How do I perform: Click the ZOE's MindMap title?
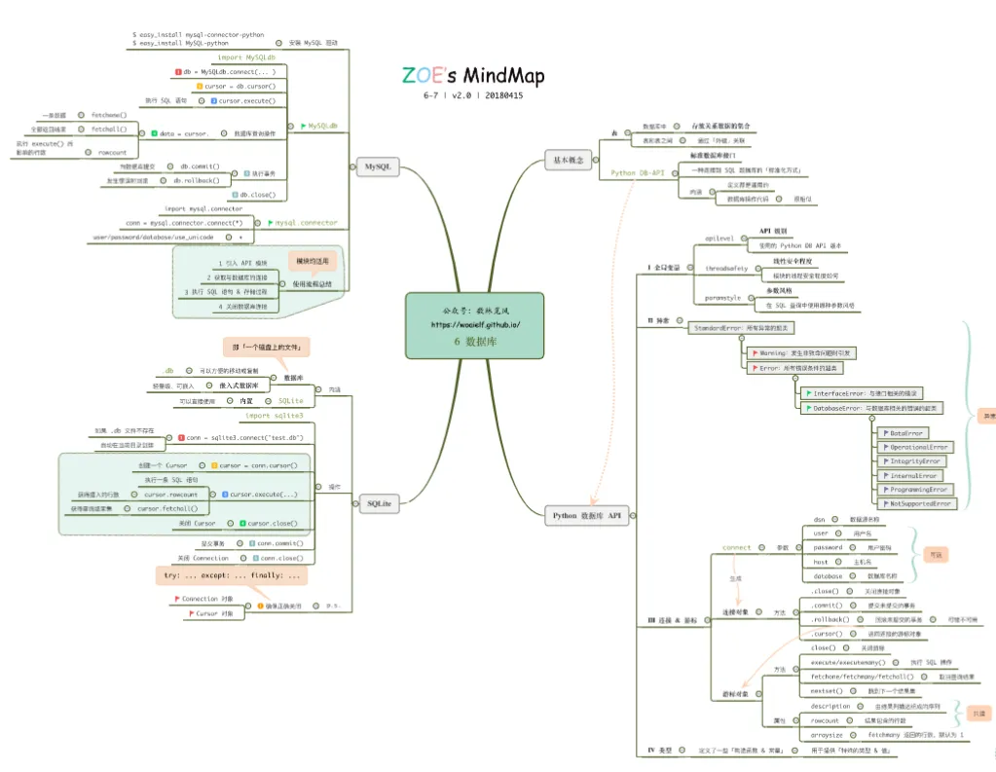(x=473, y=75)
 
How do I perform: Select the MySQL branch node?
(x=377, y=167)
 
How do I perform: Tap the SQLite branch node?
(x=379, y=503)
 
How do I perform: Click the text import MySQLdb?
(x=246, y=57)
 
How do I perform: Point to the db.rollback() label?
(x=196, y=180)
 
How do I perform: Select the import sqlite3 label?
(x=274, y=416)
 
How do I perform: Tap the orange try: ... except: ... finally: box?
(x=232, y=575)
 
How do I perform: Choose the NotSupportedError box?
(x=919, y=503)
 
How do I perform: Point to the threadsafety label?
(x=726, y=267)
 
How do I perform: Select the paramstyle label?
(x=722, y=298)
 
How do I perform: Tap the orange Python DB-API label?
(x=637, y=172)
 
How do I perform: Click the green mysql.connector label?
(x=306, y=223)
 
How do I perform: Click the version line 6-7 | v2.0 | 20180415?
(x=473, y=95)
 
